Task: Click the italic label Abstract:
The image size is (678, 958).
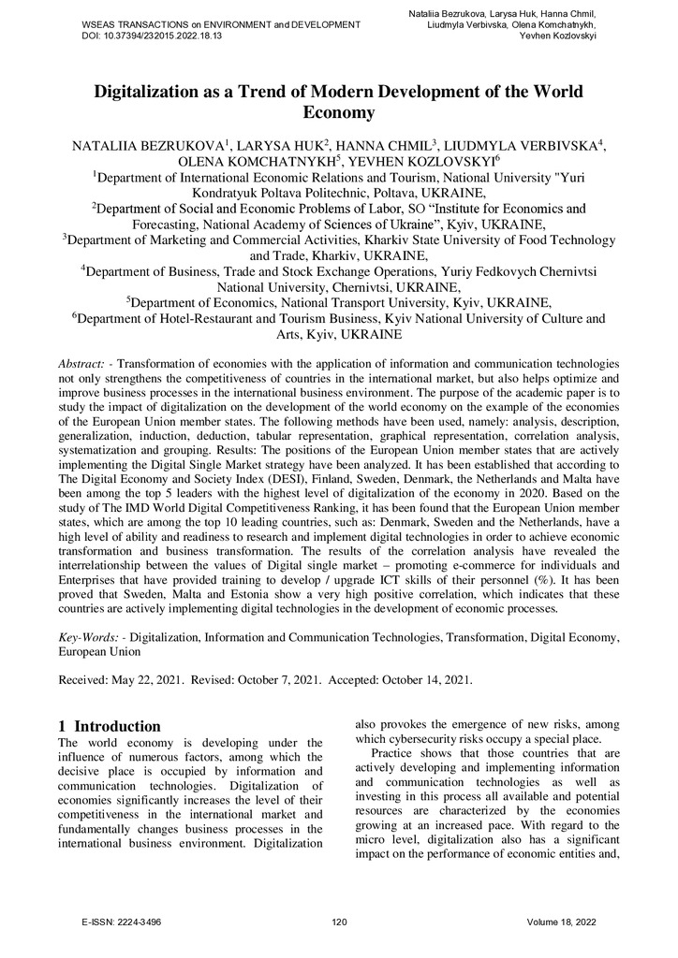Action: [x=87, y=363]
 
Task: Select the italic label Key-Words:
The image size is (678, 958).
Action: [x=92, y=637]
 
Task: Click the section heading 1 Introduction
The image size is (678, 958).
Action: [x=110, y=726]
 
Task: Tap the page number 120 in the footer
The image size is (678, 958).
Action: [x=339, y=922]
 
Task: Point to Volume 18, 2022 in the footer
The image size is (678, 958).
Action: [x=562, y=922]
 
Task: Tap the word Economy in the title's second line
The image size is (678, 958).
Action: [x=338, y=114]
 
